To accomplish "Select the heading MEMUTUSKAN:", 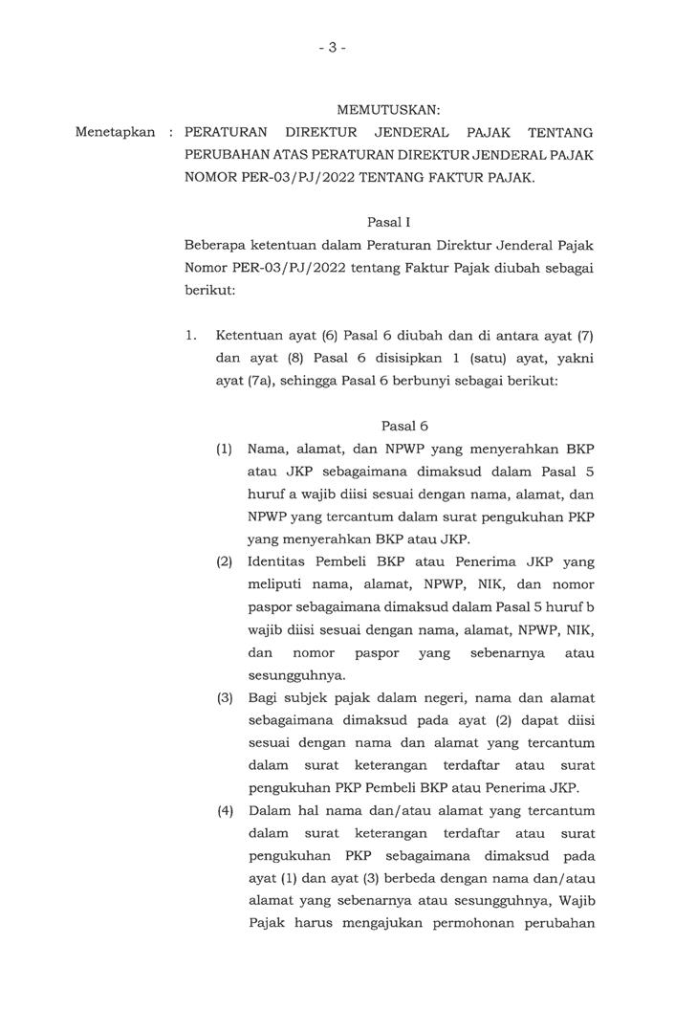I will click(388, 111).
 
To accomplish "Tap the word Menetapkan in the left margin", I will click(115, 132).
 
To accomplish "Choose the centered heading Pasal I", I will click(388, 223).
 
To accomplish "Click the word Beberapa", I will click(215, 247).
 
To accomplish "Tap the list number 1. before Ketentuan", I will click(191, 337).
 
